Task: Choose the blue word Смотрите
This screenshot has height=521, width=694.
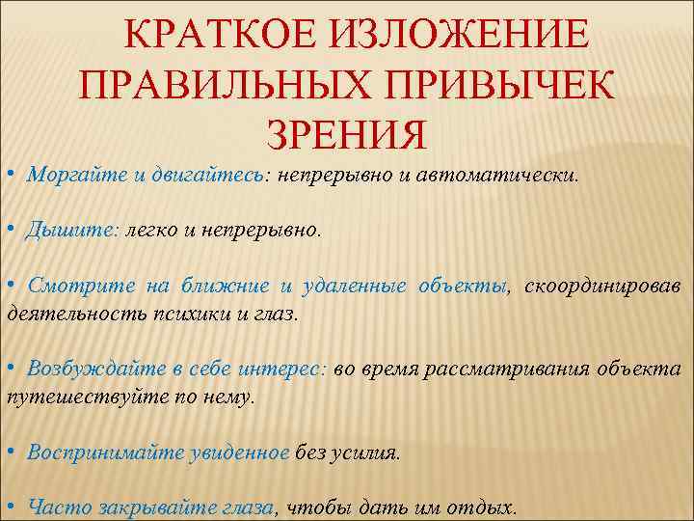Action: [x=81, y=286]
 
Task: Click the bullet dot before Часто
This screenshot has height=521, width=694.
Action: [x=9, y=506]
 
